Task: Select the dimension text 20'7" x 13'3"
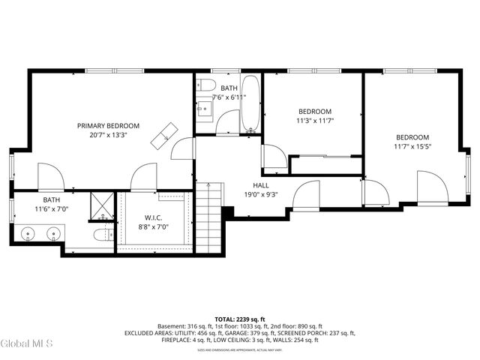point(109,136)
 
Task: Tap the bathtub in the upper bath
point(250,105)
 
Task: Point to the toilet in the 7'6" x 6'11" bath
point(208,83)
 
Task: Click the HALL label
point(260,185)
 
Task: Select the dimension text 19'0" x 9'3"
point(260,195)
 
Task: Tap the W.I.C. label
point(154,218)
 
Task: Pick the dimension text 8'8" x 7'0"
point(154,227)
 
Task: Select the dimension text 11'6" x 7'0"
point(52,209)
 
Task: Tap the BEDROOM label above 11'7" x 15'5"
point(412,137)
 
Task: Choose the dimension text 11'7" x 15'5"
point(412,147)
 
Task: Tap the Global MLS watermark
point(27,343)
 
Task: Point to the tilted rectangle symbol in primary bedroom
point(162,136)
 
